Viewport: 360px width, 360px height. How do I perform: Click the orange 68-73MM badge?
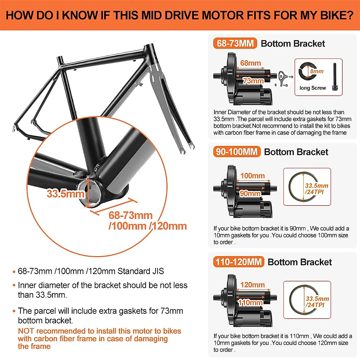pyautogui.click(x=235, y=43)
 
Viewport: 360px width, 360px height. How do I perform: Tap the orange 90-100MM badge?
pyautogui.click(x=237, y=152)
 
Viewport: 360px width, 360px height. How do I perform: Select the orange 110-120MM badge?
pyautogui.click(x=238, y=262)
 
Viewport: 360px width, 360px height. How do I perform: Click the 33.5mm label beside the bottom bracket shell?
pyautogui.click(x=65, y=193)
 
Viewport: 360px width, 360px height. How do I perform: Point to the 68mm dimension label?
pyautogui.click(x=250, y=63)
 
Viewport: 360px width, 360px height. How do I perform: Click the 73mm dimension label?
pyautogui.click(x=253, y=81)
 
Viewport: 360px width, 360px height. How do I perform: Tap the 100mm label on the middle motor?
pyautogui.click(x=252, y=175)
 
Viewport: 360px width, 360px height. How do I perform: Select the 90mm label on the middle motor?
pyautogui.click(x=250, y=193)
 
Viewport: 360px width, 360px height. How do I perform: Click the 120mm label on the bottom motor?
pyautogui.click(x=252, y=285)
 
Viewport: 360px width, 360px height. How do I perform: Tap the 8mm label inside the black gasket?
pyautogui.click(x=317, y=71)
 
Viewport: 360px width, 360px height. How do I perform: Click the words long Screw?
pyautogui.click(x=312, y=88)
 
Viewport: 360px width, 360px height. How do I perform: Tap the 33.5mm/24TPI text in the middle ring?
pyautogui.click(x=316, y=189)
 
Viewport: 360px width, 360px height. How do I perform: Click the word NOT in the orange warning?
pyautogui.click(x=26, y=331)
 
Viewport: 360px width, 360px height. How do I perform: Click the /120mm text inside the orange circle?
pyautogui.click(x=168, y=226)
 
